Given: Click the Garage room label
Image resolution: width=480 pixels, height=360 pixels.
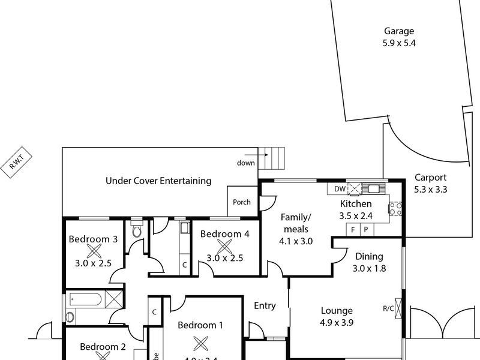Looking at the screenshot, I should (399, 32).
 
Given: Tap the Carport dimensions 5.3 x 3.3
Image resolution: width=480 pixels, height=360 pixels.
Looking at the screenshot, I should (430, 189).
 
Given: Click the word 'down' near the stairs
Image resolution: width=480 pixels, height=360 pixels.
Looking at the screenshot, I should (246, 163).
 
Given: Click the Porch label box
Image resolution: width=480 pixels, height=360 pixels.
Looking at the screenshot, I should (242, 202).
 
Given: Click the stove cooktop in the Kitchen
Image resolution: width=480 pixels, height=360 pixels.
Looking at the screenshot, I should (395, 209).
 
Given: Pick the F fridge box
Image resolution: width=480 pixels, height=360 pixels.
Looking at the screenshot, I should (353, 230).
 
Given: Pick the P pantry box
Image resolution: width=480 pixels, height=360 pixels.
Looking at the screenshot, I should (365, 230).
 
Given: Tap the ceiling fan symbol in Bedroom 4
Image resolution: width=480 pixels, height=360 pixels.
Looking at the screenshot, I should (224, 246).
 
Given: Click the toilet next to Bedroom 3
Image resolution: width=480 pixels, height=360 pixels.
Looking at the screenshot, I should (136, 231).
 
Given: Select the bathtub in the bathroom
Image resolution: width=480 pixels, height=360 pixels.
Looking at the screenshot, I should (91, 298).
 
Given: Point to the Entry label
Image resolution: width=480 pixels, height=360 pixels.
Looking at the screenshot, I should (265, 306).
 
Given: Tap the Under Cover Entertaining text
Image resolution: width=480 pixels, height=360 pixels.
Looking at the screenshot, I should (158, 180).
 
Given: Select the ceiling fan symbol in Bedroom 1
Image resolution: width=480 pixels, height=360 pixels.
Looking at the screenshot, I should (200, 343).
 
